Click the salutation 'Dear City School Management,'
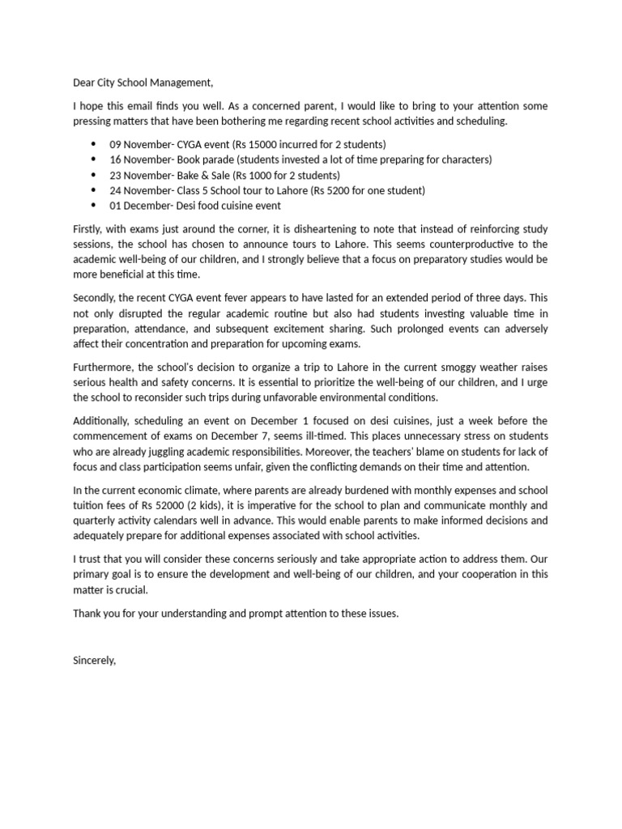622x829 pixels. (143, 83)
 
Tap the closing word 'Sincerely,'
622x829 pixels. (95, 661)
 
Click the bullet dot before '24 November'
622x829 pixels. (93, 191)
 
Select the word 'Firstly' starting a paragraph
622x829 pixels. (89, 229)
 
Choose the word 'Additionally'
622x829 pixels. (103, 420)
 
